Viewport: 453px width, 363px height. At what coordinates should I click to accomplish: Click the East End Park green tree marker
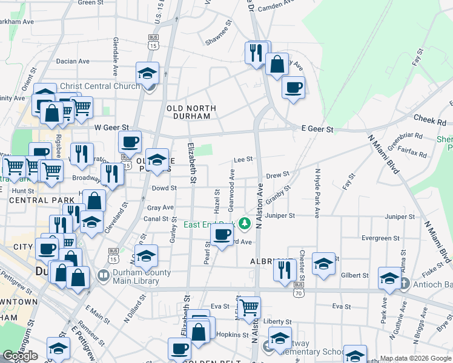tap(245, 224)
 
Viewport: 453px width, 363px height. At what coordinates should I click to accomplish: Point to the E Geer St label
tap(317, 129)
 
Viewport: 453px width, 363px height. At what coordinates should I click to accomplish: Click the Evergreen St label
tap(381, 238)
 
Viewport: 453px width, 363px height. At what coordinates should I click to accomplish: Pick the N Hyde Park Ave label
tap(316, 193)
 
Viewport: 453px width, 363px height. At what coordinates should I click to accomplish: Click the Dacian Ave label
tap(73, 61)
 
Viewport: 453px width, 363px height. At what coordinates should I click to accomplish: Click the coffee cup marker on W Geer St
tap(130, 142)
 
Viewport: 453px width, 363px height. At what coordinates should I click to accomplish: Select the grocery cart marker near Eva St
tap(249, 307)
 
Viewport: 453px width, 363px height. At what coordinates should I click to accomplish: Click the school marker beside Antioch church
tap(389, 277)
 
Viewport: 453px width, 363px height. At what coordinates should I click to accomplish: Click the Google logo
tap(20, 356)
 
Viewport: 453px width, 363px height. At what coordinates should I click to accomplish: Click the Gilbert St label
tap(355, 275)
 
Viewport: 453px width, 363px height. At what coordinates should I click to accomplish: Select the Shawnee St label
tap(219, 34)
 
